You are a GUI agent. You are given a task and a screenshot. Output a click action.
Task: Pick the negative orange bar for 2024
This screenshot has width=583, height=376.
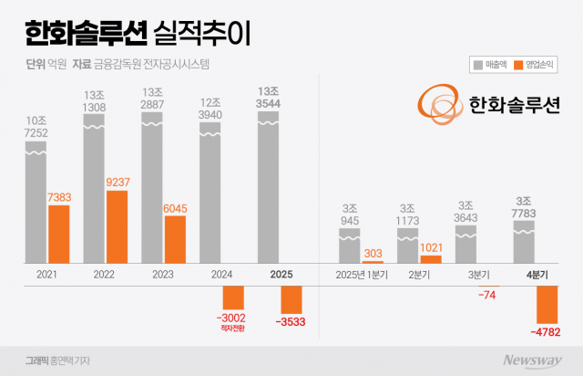point(234,297)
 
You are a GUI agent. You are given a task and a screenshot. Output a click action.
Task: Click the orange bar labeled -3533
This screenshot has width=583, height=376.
point(292,298)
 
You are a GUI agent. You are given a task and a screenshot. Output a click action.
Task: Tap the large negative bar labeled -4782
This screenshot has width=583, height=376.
point(547,304)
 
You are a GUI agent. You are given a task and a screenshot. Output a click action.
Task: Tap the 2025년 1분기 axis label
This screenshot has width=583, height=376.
point(362,274)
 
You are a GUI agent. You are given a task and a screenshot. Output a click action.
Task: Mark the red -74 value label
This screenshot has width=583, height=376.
point(489,294)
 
